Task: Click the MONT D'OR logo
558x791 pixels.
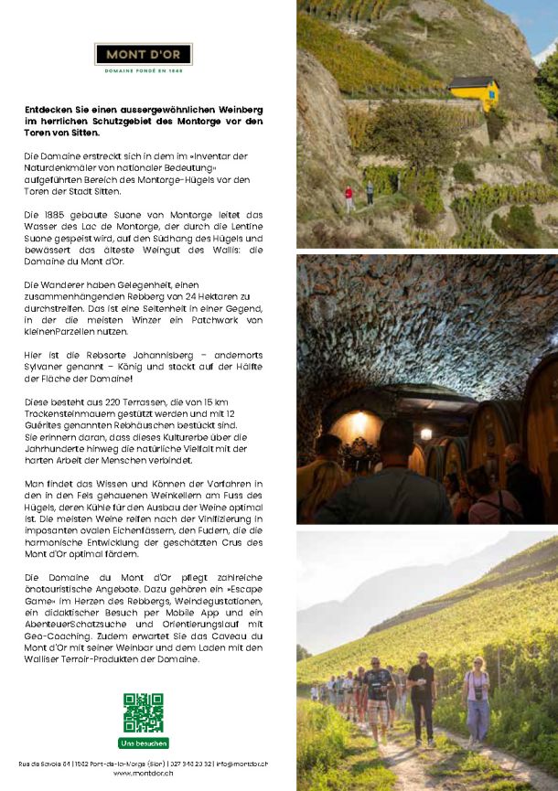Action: [144, 54]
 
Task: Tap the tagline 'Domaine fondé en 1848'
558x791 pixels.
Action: [144, 69]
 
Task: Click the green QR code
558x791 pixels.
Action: [144, 712]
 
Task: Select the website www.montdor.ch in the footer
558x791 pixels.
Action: [144, 774]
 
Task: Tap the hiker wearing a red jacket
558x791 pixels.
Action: [349, 198]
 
